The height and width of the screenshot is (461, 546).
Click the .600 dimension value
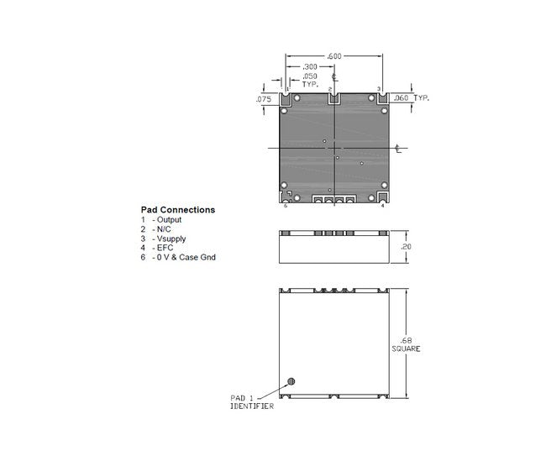334,56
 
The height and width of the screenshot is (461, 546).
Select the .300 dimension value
310,67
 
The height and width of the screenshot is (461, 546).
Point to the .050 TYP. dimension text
310,81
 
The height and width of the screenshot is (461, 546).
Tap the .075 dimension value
264,99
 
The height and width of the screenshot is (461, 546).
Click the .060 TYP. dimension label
412,98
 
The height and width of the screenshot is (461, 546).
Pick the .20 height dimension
406,247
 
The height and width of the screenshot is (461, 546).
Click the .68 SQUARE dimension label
406,345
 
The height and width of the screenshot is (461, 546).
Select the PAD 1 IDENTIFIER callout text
252,402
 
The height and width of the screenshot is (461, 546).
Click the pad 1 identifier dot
291,381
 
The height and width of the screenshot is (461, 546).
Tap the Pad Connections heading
178,210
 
